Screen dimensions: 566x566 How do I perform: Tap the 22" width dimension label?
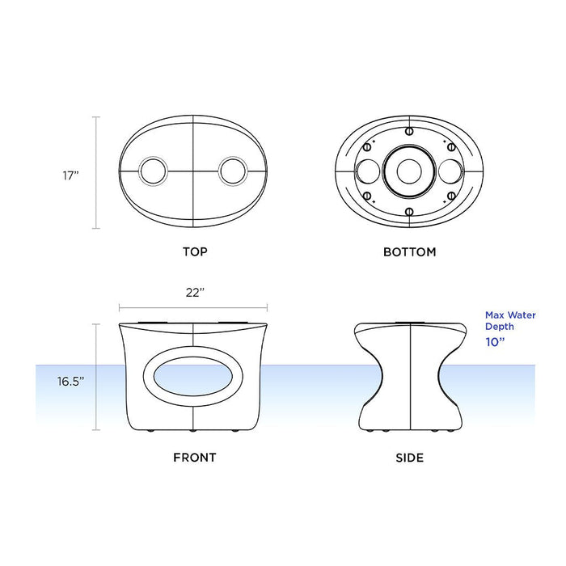(193, 293)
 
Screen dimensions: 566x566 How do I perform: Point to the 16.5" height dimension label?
(70, 380)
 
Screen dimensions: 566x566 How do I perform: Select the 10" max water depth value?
(496, 342)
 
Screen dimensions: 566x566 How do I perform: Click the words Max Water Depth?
(509, 320)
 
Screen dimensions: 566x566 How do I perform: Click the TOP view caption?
(194, 252)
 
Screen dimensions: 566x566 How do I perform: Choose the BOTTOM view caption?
(409, 252)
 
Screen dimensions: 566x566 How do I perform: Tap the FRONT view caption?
(194, 458)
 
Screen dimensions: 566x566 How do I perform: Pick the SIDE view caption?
(409, 458)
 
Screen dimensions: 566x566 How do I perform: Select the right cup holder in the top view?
(233, 171)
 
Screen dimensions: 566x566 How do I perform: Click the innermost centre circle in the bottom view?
(409, 171)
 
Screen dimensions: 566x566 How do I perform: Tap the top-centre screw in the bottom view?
(409, 131)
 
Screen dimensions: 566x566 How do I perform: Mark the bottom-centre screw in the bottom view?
(409, 212)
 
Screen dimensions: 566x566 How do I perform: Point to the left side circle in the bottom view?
(367, 171)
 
